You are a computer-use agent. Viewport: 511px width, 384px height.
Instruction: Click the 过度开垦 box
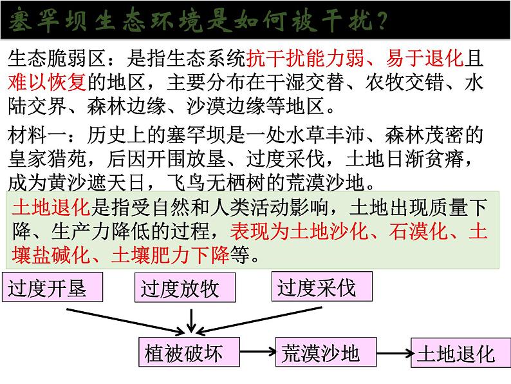[x=53, y=288]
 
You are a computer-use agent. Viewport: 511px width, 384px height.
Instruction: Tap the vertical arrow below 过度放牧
[x=190, y=315]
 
